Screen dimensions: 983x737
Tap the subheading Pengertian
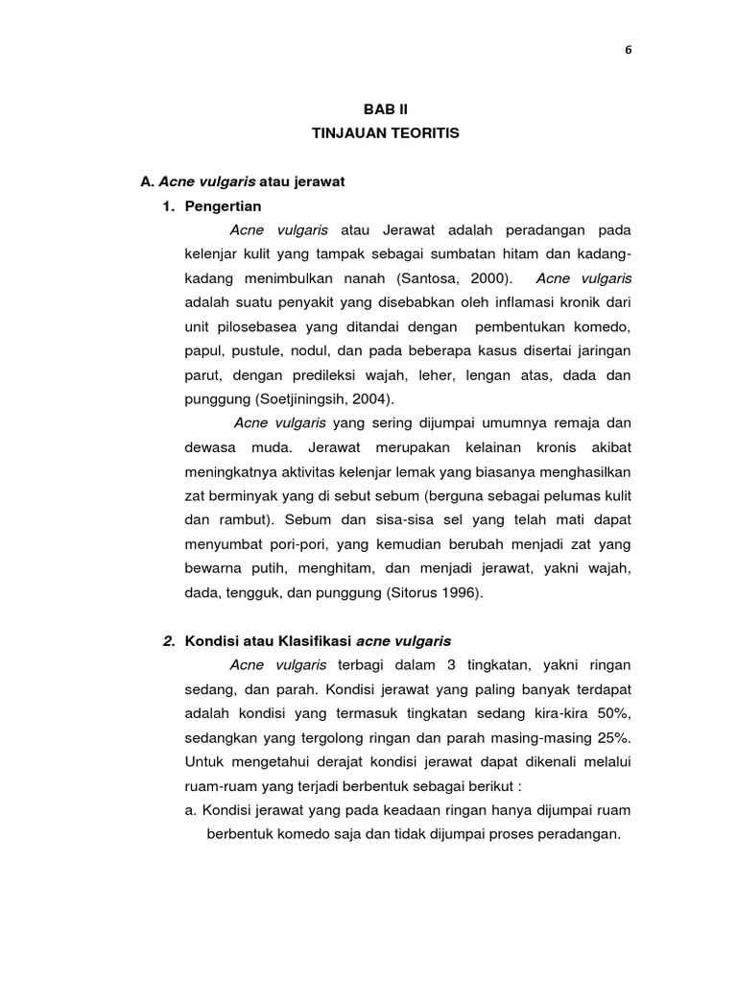[223, 205]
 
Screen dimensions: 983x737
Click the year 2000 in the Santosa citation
[483, 278]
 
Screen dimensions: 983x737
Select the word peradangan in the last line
[581, 834]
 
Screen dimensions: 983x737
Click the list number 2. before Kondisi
[169, 641]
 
